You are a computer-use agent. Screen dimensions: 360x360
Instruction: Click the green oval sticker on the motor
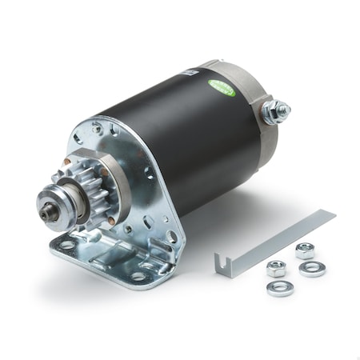[x=222, y=89]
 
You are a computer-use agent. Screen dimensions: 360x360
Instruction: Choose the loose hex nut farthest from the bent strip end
[x=305, y=250]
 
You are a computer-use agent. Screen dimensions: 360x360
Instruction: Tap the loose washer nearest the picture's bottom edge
[x=280, y=287]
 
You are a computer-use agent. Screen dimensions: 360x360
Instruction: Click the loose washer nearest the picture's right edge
[x=312, y=270]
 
